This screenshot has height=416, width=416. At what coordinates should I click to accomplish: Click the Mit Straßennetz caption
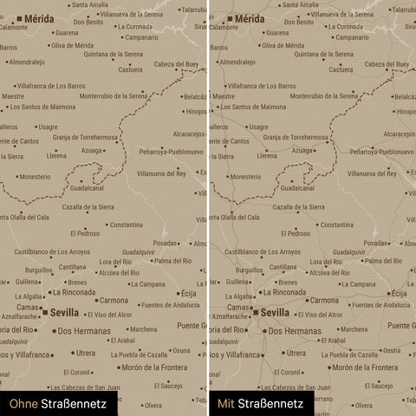point(260,403)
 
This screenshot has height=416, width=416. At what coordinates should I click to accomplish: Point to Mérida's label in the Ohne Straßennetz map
point(38,17)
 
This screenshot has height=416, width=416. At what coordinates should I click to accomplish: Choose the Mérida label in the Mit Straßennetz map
point(250,17)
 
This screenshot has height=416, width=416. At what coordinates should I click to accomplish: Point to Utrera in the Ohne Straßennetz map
point(85,353)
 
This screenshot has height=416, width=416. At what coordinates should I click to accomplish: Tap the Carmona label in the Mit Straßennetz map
point(324,300)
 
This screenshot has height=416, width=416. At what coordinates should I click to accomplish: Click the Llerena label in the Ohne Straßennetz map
point(56,156)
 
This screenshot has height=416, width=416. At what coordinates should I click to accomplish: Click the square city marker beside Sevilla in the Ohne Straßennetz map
point(45,312)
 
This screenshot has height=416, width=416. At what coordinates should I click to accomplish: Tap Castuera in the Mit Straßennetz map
point(343,69)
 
